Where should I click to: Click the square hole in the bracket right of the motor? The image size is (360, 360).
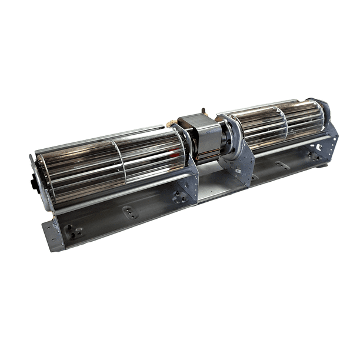[x=238, y=171]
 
